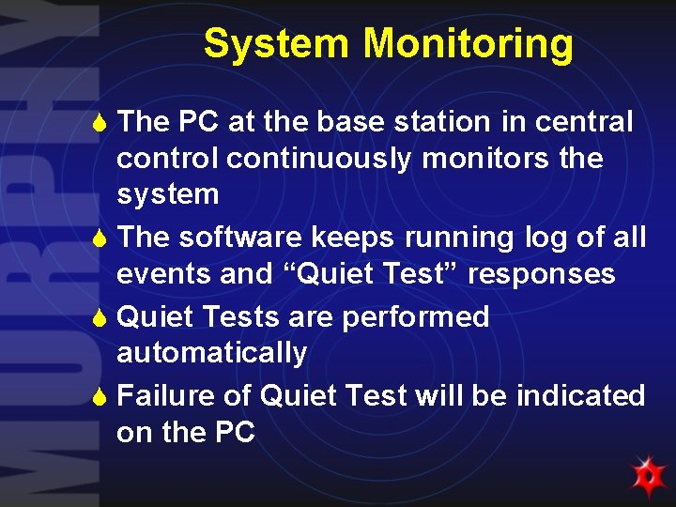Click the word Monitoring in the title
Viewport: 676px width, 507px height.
click(x=468, y=44)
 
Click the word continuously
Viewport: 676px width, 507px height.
click(x=318, y=159)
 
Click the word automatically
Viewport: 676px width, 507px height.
click(x=211, y=354)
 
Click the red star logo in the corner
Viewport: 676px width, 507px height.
click(x=647, y=477)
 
